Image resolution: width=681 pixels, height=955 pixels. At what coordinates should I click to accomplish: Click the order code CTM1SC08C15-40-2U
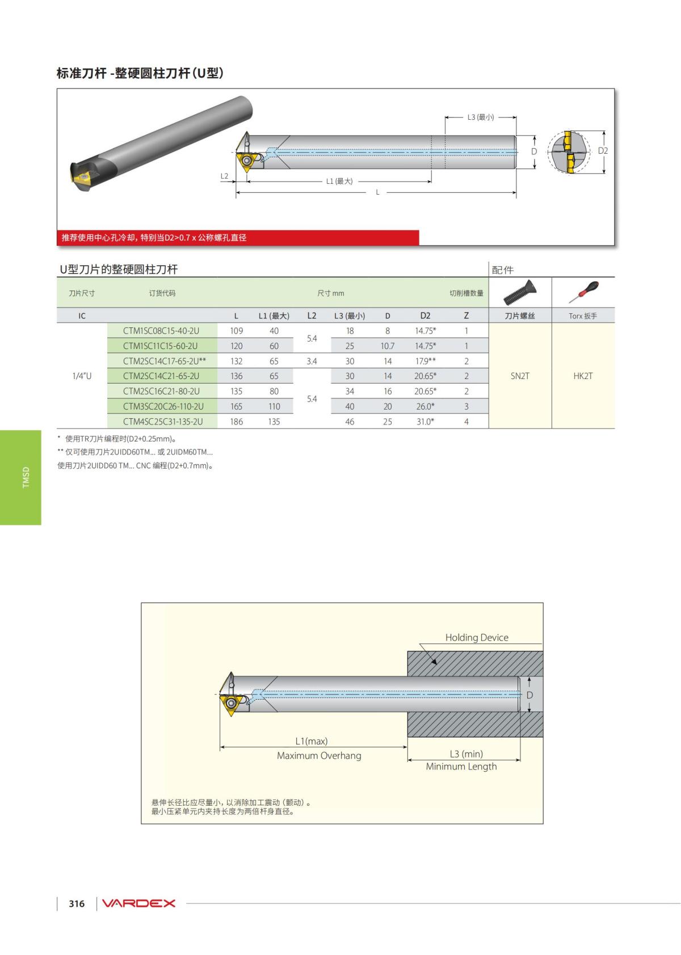161,331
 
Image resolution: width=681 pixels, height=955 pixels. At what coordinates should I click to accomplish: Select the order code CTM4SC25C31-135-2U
163,422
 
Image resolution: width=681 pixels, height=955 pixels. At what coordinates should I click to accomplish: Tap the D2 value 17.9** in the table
425,361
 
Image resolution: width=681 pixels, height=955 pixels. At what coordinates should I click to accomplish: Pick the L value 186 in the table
236,422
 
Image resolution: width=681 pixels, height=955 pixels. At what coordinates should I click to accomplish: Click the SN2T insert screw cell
520,376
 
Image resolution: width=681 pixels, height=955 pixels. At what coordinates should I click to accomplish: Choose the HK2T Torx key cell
583,376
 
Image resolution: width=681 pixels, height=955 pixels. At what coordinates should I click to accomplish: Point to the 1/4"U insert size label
82,376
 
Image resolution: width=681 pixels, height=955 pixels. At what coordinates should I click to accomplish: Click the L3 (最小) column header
350,316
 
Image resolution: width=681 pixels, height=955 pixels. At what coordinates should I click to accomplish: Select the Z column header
466,316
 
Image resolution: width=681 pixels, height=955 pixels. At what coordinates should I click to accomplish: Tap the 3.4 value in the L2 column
312,361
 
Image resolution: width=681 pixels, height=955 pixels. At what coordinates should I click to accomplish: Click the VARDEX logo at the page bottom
139,903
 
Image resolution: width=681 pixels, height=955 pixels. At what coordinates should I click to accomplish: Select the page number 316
77,903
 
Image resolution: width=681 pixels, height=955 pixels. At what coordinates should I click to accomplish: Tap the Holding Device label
477,637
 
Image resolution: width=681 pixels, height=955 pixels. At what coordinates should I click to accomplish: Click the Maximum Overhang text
319,755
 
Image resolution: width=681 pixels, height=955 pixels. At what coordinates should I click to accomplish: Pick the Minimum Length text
461,766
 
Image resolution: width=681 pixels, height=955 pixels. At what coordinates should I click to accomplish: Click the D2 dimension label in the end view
603,151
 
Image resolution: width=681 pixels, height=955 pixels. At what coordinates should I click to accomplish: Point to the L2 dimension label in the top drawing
224,176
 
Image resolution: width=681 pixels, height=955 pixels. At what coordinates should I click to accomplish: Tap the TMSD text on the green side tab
25,477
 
